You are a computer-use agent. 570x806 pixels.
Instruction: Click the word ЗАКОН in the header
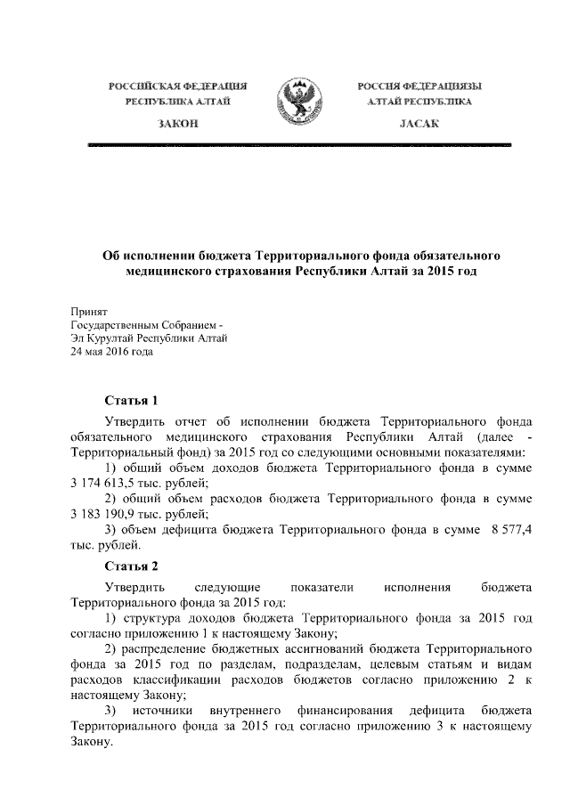pyautogui.click(x=176, y=124)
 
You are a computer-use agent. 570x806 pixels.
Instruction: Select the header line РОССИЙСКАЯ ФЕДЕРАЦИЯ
pyautogui.click(x=177, y=86)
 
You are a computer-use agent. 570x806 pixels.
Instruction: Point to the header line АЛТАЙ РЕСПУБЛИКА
pyautogui.click(x=419, y=103)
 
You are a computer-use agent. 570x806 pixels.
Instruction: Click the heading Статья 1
pyautogui.click(x=131, y=400)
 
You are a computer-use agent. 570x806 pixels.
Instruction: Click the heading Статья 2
pyautogui.click(x=131, y=566)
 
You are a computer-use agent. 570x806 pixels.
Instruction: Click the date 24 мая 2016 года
pyautogui.click(x=112, y=352)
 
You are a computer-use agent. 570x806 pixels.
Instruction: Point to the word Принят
pyautogui.click(x=88, y=312)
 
